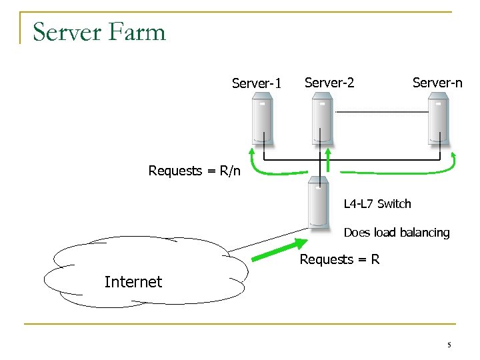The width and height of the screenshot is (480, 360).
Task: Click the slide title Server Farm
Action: [x=99, y=31]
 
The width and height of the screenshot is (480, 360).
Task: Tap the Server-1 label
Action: [x=257, y=83]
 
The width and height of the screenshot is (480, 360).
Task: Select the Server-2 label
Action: [x=329, y=83]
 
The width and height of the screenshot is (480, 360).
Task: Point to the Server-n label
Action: [x=437, y=83]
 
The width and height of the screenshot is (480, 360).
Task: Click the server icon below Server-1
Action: [x=262, y=119]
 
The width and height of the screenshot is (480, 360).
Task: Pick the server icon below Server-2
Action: [x=323, y=119]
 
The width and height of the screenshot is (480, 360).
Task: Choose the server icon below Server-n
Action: [x=438, y=119]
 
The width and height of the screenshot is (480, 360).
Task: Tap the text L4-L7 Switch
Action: [x=377, y=203]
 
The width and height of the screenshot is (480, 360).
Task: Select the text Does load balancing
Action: [x=397, y=233]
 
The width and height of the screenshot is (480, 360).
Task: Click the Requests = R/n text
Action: [x=194, y=171]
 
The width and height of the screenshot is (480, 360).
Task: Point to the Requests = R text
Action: [x=339, y=259]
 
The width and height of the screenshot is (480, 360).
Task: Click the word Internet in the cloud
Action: [x=133, y=282]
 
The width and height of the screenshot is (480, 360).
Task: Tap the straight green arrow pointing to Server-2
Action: [x=328, y=160]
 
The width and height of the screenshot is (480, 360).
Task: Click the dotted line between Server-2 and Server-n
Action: [x=381, y=112]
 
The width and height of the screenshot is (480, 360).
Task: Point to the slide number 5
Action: [x=449, y=345]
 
